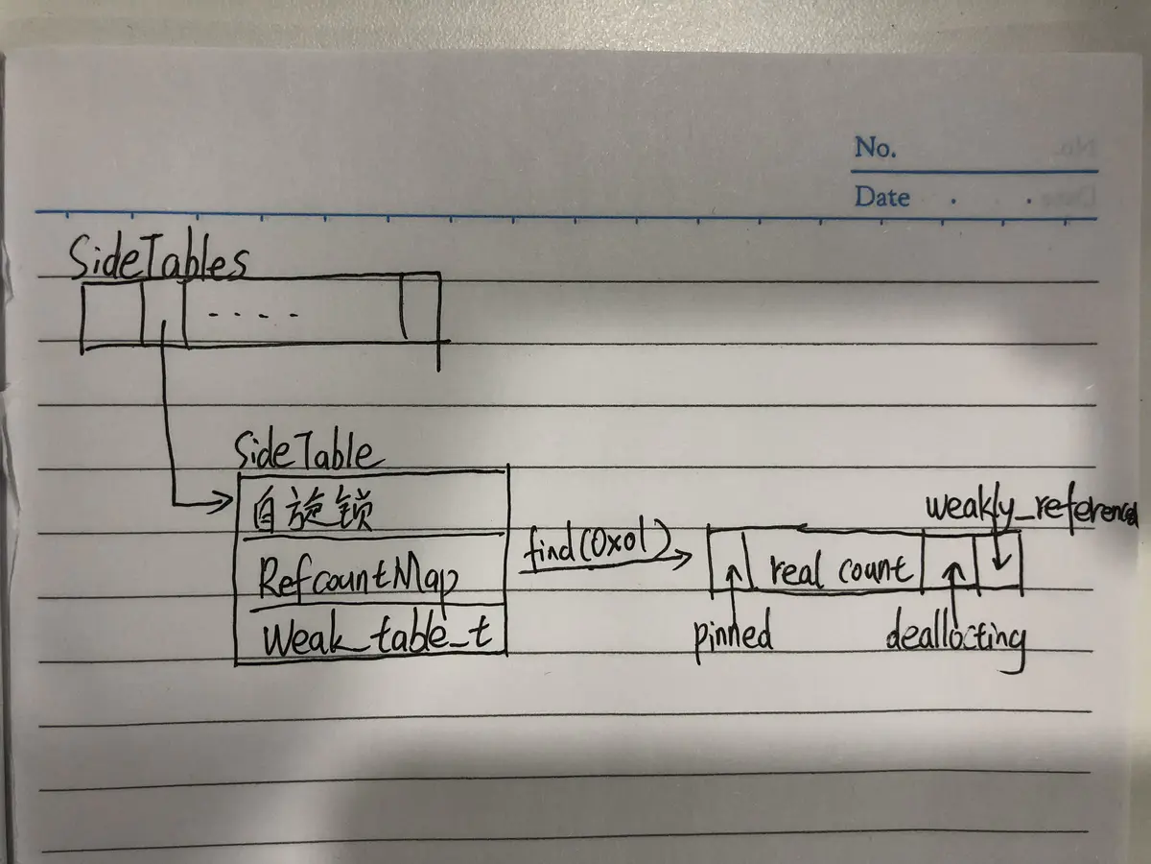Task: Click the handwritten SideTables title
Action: click(x=158, y=261)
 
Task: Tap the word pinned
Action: click(x=734, y=635)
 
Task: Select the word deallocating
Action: click(x=955, y=637)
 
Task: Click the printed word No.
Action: click(x=875, y=148)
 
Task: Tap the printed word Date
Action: click(x=881, y=197)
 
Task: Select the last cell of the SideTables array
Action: click(x=420, y=309)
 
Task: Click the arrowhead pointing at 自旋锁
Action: click(x=226, y=500)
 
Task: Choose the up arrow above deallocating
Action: click(x=951, y=570)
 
